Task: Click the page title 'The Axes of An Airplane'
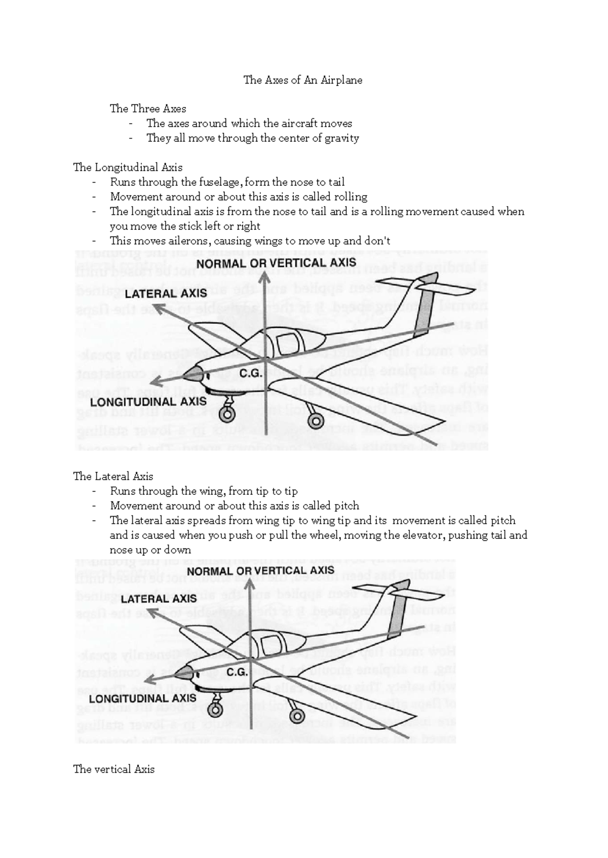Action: pos(303,80)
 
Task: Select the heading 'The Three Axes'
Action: pos(148,109)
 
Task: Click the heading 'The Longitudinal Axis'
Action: pos(128,168)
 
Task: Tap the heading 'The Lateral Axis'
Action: pos(113,477)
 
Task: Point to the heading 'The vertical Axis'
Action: pos(114,769)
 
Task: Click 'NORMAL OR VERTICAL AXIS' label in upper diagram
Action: pos(276,263)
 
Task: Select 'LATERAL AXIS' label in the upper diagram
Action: pos(166,294)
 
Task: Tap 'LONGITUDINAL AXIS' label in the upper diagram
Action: pos(148,402)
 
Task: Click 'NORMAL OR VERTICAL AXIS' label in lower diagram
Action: pos(260,571)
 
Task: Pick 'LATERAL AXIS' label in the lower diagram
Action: pos(159,599)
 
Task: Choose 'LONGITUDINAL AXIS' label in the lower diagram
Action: pos(143,698)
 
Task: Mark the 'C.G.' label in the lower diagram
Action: pos(237,673)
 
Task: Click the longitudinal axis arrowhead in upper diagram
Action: pos(158,382)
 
